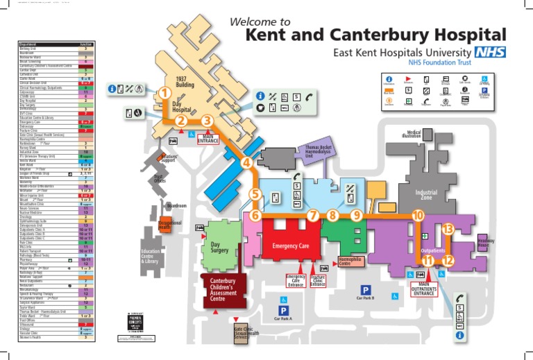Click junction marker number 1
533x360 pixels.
[164, 93]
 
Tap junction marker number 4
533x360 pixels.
[246, 164]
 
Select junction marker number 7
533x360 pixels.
[313, 216]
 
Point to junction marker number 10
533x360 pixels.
[417, 216]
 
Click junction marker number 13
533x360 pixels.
[448, 229]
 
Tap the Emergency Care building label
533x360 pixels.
[290, 246]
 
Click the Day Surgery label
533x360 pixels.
[220, 248]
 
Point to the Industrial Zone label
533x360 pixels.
[425, 195]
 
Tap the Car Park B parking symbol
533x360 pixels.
[365, 289]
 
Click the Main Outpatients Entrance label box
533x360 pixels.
[425, 289]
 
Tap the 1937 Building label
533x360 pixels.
[183, 82]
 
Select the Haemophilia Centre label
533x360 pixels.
[350, 262]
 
